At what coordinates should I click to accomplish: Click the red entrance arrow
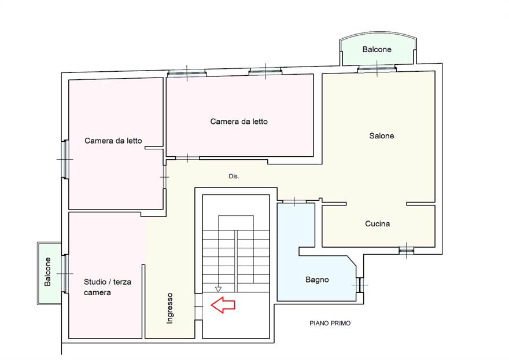[x=223, y=305]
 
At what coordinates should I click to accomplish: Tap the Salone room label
[x=381, y=136]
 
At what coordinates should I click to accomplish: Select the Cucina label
[x=377, y=223]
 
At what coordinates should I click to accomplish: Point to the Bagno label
[x=317, y=280]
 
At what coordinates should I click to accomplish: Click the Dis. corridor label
[x=234, y=177]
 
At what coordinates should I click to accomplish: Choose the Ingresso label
[x=169, y=308]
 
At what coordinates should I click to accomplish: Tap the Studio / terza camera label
[x=108, y=287]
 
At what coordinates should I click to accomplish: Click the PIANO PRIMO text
[x=330, y=324]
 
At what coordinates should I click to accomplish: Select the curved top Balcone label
[x=377, y=49]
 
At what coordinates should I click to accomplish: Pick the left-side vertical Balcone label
[x=47, y=271]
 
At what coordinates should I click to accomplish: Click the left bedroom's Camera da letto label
[x=113, y=141]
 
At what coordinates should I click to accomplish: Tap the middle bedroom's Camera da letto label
[x=239, y=122]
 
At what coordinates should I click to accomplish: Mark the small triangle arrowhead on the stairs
[x=218, y=289]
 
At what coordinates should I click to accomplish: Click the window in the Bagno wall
[x=360, y=285]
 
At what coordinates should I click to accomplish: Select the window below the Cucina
[x=407, y=250]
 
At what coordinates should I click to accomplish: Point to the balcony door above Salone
[x=377, y=68]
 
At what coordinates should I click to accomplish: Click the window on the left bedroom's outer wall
[x=65, y=159]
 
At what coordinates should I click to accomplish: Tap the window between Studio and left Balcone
[x=65, y=274]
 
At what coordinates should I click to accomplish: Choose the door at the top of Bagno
[x=294, y=201]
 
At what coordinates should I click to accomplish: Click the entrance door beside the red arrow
[x=198, y=306]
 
